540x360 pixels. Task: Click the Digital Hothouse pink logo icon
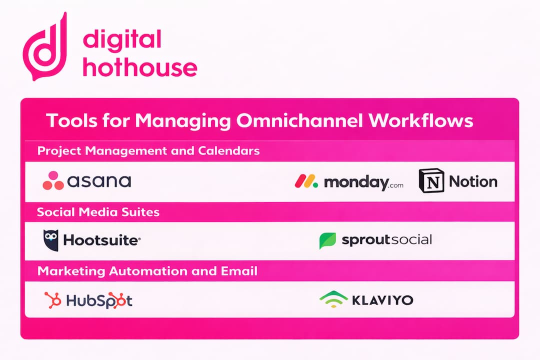pyautogui.click(x=45, y=48)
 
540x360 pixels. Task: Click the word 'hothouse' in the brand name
pyautogui.click(x=140, y=67)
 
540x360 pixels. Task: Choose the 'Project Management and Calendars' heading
pyautogui.click(x=148, y=150)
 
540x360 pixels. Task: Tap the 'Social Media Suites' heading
pyautogui.click(x=98, y=212)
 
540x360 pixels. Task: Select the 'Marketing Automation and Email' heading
pyautogui.click(x=147, y=271)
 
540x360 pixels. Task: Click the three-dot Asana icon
pyautogui.click(x=53, y=181)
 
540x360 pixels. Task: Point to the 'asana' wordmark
pyautogui.click(x=99, y=181)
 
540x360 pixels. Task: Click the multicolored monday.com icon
pyautogui.click(x=306, y=181)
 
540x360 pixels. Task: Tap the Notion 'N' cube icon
pyautogui.click(x=431, y=181)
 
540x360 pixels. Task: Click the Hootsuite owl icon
pyautogui.click(x=51, y=240)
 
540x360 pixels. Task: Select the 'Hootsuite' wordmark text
pyautogui.click(x=101, y=241)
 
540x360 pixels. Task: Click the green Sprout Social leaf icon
pyautogui.click(x=327, y=240)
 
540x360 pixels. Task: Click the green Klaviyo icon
pyautogui.click(x=333, y=299)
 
